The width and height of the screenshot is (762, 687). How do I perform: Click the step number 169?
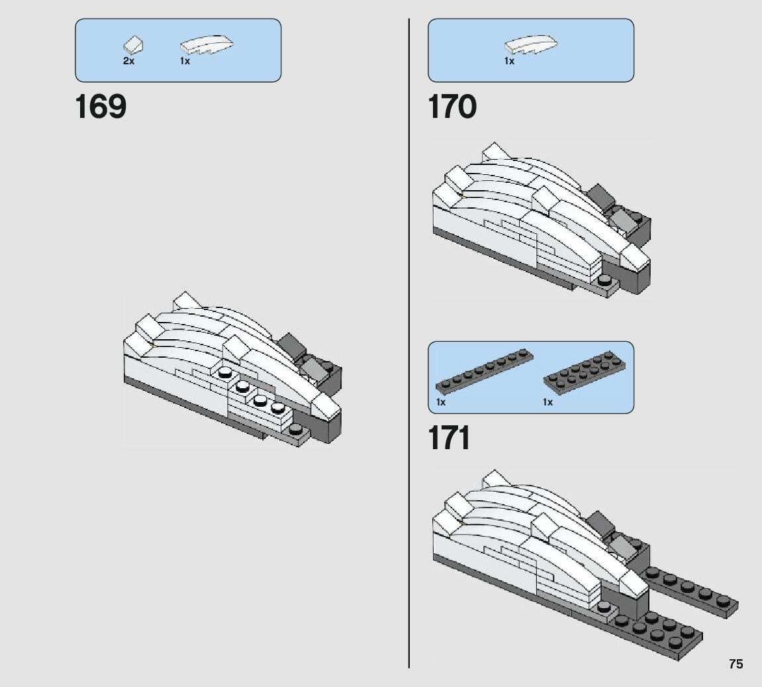coord(101,107)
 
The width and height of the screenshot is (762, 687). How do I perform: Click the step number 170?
coord(452,107)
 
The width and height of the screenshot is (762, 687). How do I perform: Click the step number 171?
coord(450,438)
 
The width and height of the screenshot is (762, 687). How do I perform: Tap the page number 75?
coord(736,664)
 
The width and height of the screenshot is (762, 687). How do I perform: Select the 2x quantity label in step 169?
coord(128,61)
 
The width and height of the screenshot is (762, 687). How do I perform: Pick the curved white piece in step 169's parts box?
coord(207,46)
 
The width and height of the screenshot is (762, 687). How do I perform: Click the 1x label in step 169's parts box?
coord(185,61)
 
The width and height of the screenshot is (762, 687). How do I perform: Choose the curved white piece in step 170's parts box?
coord(531,45)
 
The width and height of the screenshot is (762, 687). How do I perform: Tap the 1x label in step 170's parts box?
coord(509,61)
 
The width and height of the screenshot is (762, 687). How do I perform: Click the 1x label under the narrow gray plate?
coord(441,402)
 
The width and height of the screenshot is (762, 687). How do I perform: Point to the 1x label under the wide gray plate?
coord(548,402)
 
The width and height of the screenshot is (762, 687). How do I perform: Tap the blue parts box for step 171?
coord(530,377)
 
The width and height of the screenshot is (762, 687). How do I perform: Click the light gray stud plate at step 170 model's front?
coord(606,285)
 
